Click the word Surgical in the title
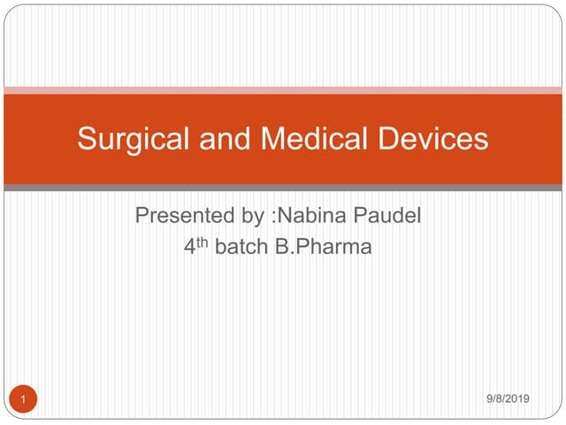pyautogui.click(x=134, y=140)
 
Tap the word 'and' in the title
pyautogui.click(x=225, y=138)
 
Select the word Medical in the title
pyautogui.click(x=314, y=138)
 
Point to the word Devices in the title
pyautogui.click(x=432, y=138)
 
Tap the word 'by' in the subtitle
pyautogui.click(x=253, y=217)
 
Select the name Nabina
pyautogui.click(x=311, y=215)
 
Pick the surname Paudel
pyautogui.click(x=387, y=215)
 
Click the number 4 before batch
pyautogui.click(x=189, y=247)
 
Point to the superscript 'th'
pyautogui.click(x=203, y=243)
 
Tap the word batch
pyautogui.click(x=241, y=247)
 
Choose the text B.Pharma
pyautogui.click(x=324, y=247)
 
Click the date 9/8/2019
pyautogui.click(x=508, y=398)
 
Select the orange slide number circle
pyautogui.click(x=23, y=399)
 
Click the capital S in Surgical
pyautogui.click(x=87, y=138)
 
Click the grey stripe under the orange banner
pyautogui.click(x=283, y=188)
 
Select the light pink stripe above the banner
pyautogui.click(x=283, y=90)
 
